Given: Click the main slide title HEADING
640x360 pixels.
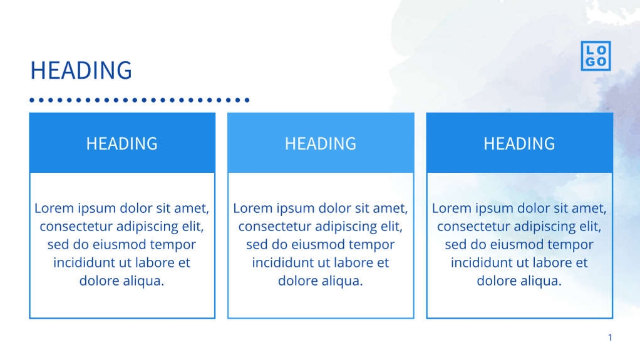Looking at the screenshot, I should [81, 70].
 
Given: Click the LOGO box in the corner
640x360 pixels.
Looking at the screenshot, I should [595, 56].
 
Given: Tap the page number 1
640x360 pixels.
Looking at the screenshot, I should [610, 338].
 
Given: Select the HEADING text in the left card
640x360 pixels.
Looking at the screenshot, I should [121, 143].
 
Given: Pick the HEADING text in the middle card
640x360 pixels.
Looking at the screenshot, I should [320, 143].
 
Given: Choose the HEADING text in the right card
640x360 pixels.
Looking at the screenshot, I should [519, 143].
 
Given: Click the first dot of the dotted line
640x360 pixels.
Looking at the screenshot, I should [33, 100].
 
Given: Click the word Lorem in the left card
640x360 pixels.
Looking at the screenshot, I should [54, 208].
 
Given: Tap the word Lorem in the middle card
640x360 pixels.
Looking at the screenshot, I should [253, 208].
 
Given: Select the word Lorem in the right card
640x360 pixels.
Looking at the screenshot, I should [452, 208].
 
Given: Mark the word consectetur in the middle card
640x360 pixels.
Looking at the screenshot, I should [274, 227].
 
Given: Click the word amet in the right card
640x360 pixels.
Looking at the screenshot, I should [588, 208].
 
